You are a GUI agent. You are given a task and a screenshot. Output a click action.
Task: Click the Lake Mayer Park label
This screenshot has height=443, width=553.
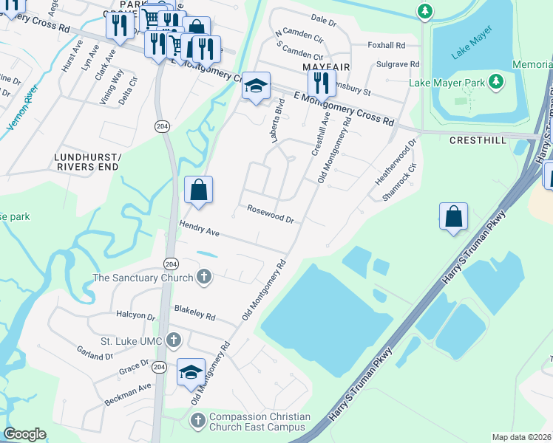click(447, 83)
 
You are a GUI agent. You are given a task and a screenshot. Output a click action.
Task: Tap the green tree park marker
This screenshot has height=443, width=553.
click(424, 11)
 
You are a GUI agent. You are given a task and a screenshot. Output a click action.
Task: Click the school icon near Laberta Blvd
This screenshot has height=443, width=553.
click(256, 86)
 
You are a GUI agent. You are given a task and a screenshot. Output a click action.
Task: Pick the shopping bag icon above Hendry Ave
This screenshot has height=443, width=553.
click(198, 190)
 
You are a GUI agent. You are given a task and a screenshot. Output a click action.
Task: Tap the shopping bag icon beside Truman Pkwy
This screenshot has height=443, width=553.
click(454, 217)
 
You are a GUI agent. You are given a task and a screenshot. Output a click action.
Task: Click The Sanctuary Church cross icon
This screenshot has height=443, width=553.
click(204, 278)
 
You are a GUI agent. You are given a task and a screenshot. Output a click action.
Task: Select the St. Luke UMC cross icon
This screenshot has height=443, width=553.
click(173, 340)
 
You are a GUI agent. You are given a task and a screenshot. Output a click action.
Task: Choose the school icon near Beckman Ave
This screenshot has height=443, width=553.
click(191, 372)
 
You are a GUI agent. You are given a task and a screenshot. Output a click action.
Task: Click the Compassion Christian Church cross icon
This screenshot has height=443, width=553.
click(197, 421)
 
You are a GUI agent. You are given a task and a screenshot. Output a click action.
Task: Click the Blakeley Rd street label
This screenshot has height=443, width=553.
click(194, 313)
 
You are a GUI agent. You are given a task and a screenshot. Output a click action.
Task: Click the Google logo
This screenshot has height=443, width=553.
click(24, 434)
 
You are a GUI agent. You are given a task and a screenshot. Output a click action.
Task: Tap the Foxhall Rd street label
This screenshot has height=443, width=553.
click(387, 45)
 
